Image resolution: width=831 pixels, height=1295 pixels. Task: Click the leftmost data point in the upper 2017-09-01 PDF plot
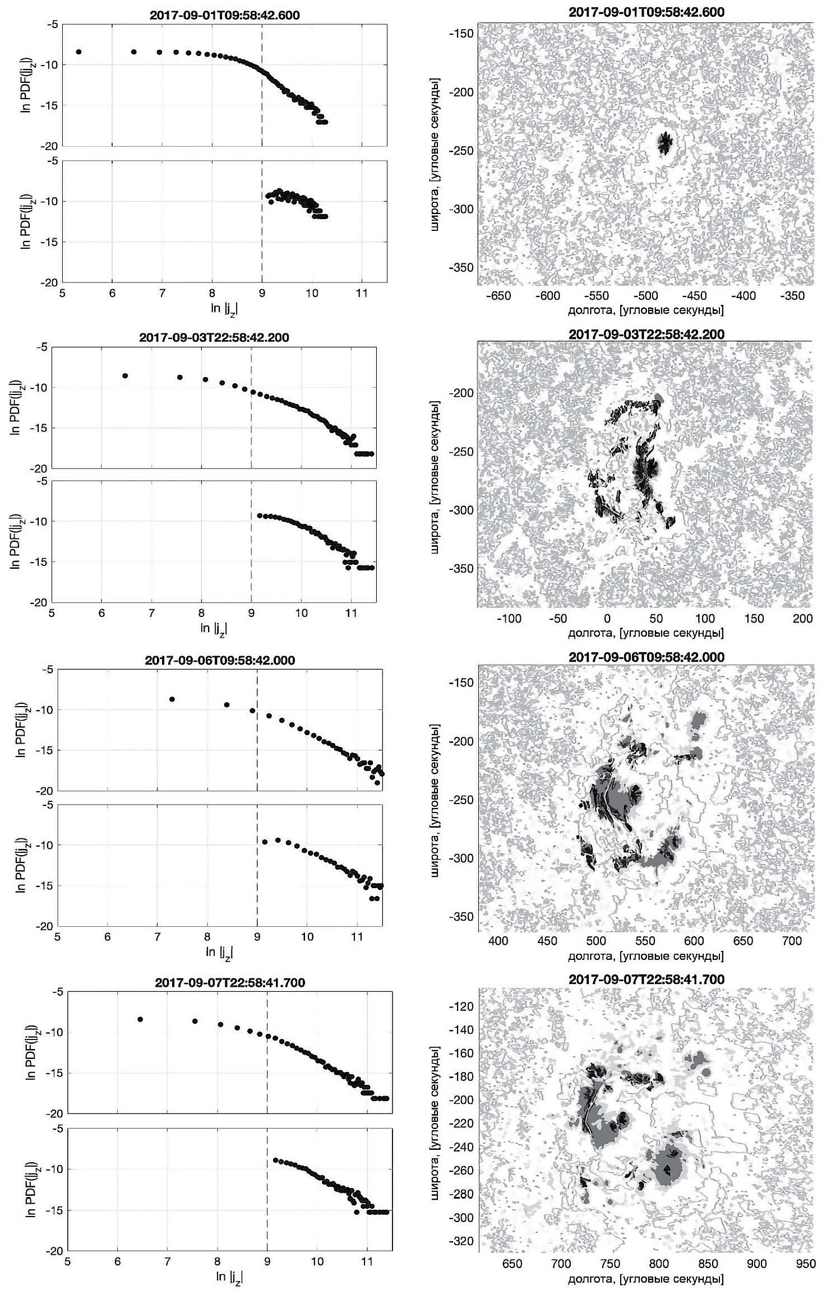click(x=79, y=52)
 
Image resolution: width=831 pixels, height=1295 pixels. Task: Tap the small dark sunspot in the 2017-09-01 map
click(x=665, y=143)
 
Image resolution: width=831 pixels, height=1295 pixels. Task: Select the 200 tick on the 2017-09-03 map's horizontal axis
click(x=803, y=618)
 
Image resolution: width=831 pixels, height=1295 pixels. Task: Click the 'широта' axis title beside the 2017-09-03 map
click(x=436, y=474)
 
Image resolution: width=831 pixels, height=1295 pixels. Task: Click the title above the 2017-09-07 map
click(x=646, y=979)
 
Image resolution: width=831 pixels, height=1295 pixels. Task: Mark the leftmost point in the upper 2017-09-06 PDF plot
click(x=172, y=699)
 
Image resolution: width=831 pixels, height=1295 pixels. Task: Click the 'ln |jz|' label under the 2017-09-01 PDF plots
click(x=225, y=308)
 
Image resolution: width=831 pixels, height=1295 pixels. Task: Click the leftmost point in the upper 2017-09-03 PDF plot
click(x=125, y=375)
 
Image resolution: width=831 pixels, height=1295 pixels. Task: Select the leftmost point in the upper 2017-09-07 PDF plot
click(x=140, y=1019)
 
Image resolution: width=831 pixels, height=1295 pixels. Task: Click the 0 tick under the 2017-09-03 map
click(x=607, y=618)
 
